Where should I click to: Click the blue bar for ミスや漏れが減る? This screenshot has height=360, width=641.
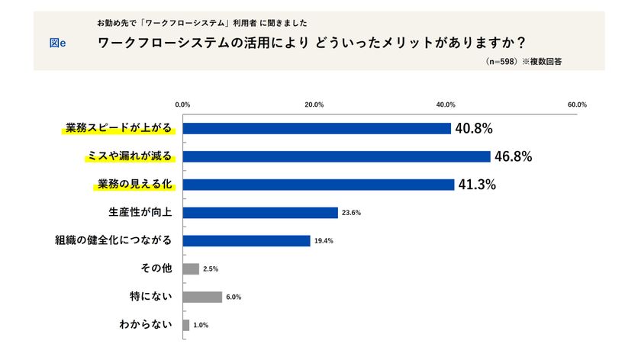(337, 156)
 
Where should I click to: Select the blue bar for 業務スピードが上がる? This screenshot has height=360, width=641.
(317, 128)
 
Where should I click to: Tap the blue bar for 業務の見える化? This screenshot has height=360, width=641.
(318, 185)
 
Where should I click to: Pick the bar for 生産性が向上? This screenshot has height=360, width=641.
(260, 213)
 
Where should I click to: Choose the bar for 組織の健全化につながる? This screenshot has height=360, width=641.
(246, 241)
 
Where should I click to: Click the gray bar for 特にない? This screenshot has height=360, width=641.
(202, 297)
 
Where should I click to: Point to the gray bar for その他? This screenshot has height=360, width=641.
(191, 268)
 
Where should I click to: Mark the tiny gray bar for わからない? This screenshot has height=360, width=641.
(186, 325)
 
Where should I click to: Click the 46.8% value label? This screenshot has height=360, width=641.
(513, 156)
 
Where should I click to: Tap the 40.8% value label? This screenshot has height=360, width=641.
(473, 128)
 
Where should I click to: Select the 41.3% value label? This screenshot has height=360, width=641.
(477, 185)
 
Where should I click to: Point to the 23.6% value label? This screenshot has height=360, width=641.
(351, 213)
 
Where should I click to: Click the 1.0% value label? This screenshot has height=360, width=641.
(201, 325)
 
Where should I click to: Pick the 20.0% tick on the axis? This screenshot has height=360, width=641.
(314, 104)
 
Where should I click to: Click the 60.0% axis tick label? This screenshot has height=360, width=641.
(577, 104)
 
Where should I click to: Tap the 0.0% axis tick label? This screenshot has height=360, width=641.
(182, 104)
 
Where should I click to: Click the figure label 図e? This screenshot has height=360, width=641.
(57, 43)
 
